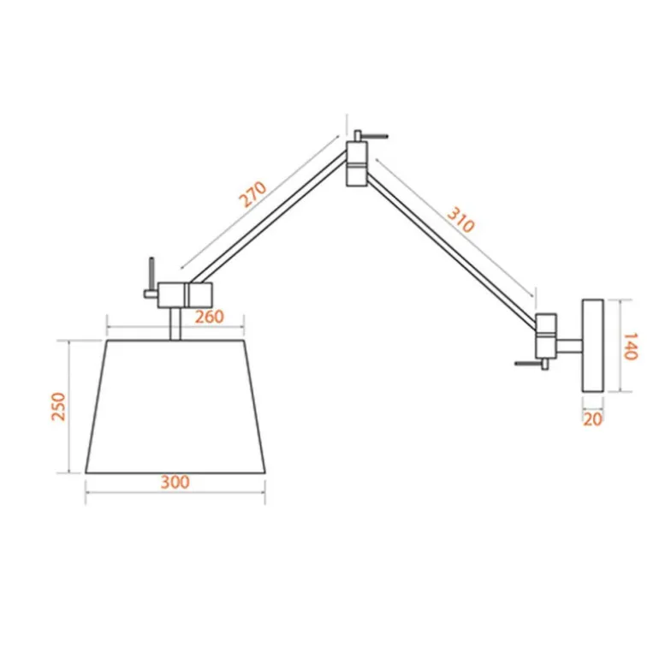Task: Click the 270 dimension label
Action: tap(253, 193)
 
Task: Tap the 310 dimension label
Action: tap(460, 220)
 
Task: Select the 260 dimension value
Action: tap(210, 317)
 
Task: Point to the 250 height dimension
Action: tap(58, 406)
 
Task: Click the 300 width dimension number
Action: tap(175, 482)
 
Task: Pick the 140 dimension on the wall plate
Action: tap(630, 347)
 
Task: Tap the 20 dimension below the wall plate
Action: tap(592, 419)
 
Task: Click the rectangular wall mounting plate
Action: tap(592, 346)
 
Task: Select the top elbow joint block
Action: tap(357, 163)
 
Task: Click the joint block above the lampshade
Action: tap(185, 295)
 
